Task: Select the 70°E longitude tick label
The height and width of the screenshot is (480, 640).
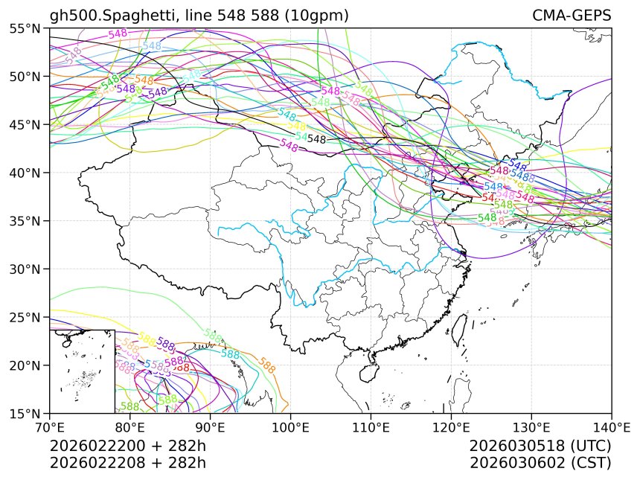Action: tap(50, 427)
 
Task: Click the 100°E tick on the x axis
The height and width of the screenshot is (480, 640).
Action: tap(290, 427)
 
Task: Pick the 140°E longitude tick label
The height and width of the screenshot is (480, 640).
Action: tap(611, 427)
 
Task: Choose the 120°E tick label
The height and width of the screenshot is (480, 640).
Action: tap(451, 427)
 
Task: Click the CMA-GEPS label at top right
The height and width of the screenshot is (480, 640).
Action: tap(571, 16)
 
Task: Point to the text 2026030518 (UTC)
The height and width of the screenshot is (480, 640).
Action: tap(540, 446)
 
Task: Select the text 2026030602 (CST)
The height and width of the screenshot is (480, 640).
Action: tap(540, 462)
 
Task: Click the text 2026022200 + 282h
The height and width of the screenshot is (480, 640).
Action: tap(127, 446)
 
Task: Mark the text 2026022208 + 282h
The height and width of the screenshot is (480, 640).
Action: tap(127, 462)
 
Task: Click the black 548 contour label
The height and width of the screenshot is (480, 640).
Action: tap(317, 139)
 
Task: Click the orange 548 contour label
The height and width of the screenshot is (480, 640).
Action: tap(144, 80)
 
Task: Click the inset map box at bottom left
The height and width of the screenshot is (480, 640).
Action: tap(82, 371)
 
